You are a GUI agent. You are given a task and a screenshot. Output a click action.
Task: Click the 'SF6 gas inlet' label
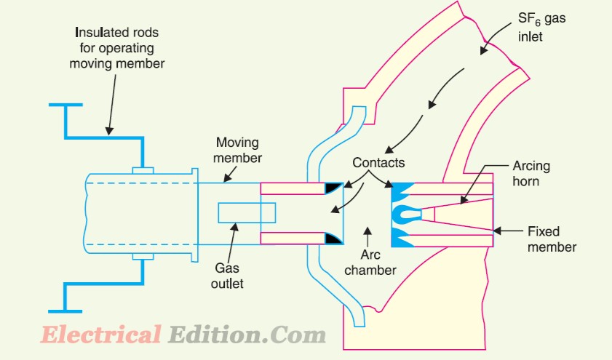(541, 27)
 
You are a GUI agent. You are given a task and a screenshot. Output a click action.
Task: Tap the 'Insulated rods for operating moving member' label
(116, 47)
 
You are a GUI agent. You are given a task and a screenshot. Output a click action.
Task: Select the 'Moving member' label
(237, 150)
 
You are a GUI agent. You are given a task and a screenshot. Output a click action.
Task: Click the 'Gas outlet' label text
(227, 276)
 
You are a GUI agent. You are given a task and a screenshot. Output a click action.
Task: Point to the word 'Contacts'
(378, 162)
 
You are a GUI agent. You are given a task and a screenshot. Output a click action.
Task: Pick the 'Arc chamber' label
(370, 262)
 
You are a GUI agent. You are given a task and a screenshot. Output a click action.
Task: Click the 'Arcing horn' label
(531, 174)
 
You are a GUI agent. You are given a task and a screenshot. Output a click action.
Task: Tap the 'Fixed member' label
(552, 239)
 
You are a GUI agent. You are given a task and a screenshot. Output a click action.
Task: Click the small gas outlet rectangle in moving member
(247, 213)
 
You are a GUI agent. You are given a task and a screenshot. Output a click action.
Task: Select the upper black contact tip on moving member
(333, 188)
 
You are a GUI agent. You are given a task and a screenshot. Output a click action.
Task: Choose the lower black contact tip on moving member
(333, 239)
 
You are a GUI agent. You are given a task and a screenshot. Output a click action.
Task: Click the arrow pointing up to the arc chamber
(367, 236)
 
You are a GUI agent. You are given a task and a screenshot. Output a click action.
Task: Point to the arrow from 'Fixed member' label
(507, 231)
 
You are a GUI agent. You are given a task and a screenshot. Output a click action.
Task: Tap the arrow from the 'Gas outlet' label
(231, 241)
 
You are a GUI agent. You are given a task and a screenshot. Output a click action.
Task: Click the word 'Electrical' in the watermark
(100, 335)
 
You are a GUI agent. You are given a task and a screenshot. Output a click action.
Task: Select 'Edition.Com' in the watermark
(247, 335)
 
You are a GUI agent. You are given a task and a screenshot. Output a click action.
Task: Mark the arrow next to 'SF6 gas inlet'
(495, 38)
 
